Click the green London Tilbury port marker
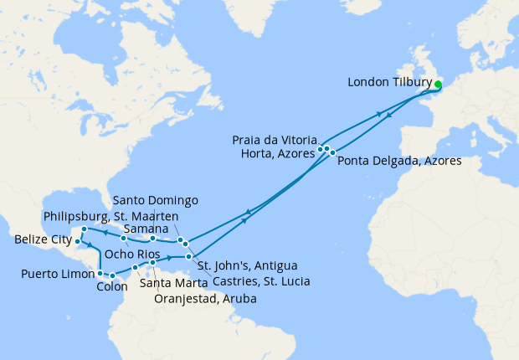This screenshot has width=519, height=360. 439,84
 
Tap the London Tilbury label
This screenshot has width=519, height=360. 388,83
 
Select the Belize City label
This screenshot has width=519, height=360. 42,241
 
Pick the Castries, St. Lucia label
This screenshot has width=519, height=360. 260,282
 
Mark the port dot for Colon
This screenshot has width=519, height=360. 110,275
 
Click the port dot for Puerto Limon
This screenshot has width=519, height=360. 100,273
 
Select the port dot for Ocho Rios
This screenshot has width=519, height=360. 123,249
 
